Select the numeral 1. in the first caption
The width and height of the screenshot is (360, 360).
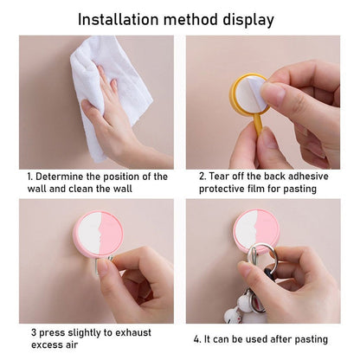coord(30,177)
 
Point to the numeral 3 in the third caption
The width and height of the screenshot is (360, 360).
coord(32,332)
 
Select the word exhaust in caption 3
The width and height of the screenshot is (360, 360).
coord(132,332)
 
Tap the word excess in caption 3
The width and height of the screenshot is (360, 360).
coord(44,346)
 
